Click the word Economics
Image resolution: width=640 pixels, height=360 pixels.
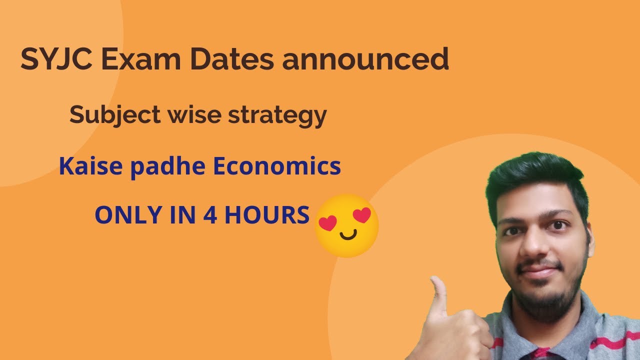(277, 166)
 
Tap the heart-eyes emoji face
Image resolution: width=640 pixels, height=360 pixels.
(346, 226)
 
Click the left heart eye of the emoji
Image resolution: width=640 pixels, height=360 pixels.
(328, 223)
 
